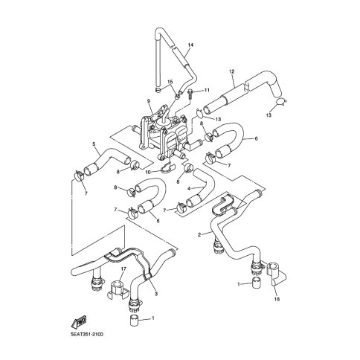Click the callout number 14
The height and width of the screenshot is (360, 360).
(190, 46)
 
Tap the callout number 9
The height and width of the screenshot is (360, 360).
(149, 101)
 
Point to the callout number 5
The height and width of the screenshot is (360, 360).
(93, 144)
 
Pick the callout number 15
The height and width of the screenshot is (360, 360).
(170, 83)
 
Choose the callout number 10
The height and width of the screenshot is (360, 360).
(148, 173)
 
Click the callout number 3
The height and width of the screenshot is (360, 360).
(156, 295)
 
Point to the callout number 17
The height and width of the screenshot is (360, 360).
(123, 270)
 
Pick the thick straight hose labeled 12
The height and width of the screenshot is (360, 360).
(231, 96)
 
